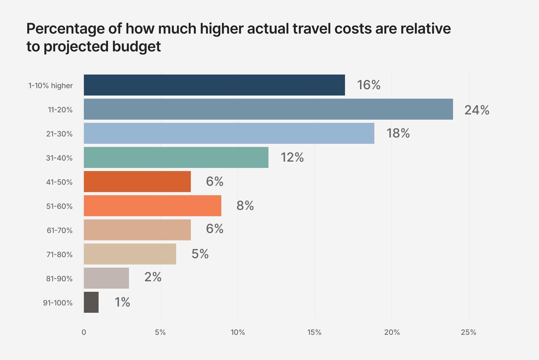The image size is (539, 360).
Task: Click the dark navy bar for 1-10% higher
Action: [214, 85]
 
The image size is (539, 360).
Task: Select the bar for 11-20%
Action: [268, 109]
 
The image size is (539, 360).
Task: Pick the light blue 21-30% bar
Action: [229, 133]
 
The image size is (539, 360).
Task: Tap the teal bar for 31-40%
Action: [176, 157]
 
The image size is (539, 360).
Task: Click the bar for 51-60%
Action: [152, 206]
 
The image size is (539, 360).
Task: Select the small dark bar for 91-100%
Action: [91, 302]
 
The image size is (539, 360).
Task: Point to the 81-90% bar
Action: [106, 278]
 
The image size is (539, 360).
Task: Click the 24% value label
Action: [477, 110]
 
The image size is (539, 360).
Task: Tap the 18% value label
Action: [398, 133]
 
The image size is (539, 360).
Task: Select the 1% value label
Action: [122, 302]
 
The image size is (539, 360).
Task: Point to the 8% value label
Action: [245, 205]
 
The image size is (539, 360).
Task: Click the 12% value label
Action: [292, 157]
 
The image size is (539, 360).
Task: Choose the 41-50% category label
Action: [59, 182]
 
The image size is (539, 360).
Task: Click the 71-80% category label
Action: [59, 255]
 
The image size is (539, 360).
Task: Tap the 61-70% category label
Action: [59, 231]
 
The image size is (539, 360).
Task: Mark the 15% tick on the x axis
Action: [314, 332]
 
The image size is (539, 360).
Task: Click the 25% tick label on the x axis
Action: [468, 332]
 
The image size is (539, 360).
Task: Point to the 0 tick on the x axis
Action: [84, 332]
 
